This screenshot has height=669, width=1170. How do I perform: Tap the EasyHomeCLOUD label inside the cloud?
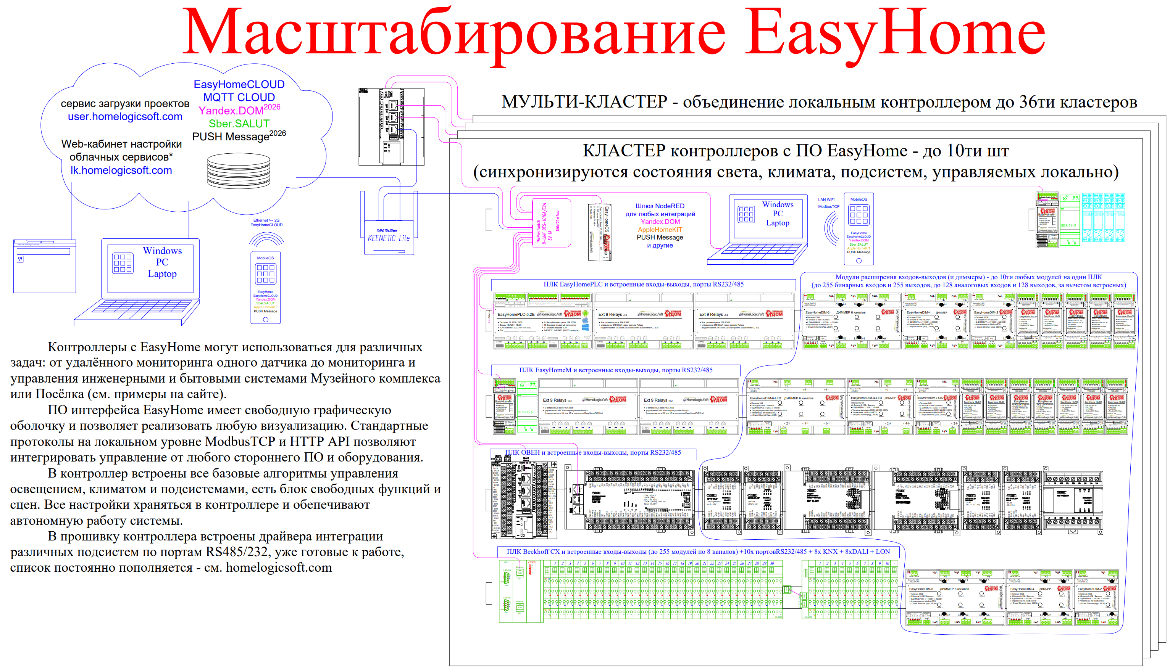click(239, 85)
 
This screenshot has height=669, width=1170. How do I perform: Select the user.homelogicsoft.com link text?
click(125, 117)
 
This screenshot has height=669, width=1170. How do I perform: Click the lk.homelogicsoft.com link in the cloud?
click(121, 170)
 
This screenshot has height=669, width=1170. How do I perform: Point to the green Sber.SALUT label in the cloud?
click(239, 124)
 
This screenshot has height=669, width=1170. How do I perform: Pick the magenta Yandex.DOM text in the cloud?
click(231, 111)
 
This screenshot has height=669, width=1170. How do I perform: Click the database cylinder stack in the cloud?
click(239, 170)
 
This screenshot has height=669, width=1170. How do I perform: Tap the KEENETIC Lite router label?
click(389, 238)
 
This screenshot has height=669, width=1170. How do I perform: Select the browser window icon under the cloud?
click(45, 266)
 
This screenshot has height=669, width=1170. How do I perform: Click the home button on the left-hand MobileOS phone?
click(265, 319)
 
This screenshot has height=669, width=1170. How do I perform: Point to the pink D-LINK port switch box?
click(551, 223)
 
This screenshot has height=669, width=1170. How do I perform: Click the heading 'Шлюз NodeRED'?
click(660, 206)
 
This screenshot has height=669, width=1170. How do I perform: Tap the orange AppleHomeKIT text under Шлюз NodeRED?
click(660, 230)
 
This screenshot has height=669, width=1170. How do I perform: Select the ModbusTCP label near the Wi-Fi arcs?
click(828, 206)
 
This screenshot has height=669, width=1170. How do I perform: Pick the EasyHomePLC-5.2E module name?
click(516, 315)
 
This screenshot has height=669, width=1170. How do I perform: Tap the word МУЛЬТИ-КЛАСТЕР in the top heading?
click(584, 102)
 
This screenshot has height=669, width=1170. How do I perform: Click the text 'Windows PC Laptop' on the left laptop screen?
click(162, 262)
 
